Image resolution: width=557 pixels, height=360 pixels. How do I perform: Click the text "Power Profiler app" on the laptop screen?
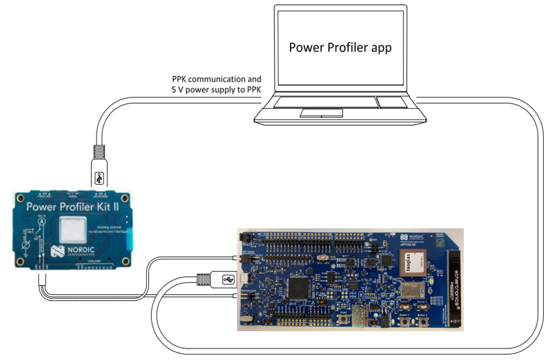(340, 47)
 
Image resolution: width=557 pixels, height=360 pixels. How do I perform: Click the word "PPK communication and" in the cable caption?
(216, 79)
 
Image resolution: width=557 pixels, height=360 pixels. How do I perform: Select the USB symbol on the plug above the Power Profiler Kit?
(100, 178)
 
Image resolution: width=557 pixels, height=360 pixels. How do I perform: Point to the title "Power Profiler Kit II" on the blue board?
(72, 206)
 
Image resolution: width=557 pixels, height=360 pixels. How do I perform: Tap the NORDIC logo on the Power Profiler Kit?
(67, 251)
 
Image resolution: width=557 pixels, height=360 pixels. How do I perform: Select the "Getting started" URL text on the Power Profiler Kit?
(108, 232)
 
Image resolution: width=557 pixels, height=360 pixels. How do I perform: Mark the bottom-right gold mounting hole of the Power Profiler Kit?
(124, 261)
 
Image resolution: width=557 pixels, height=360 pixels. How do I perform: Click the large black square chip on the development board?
(299, 288)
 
